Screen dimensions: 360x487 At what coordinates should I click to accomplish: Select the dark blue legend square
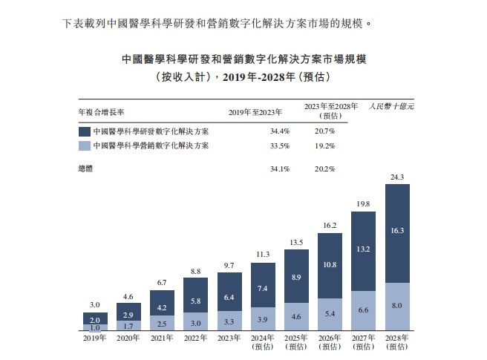point(84,130)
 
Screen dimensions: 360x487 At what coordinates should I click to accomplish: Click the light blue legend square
point(84,145)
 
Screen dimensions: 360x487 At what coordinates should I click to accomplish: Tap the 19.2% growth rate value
point(324,145)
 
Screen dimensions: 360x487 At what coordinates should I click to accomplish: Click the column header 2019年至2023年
point(256,112)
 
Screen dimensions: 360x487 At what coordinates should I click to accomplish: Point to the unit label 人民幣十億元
point(391,108)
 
